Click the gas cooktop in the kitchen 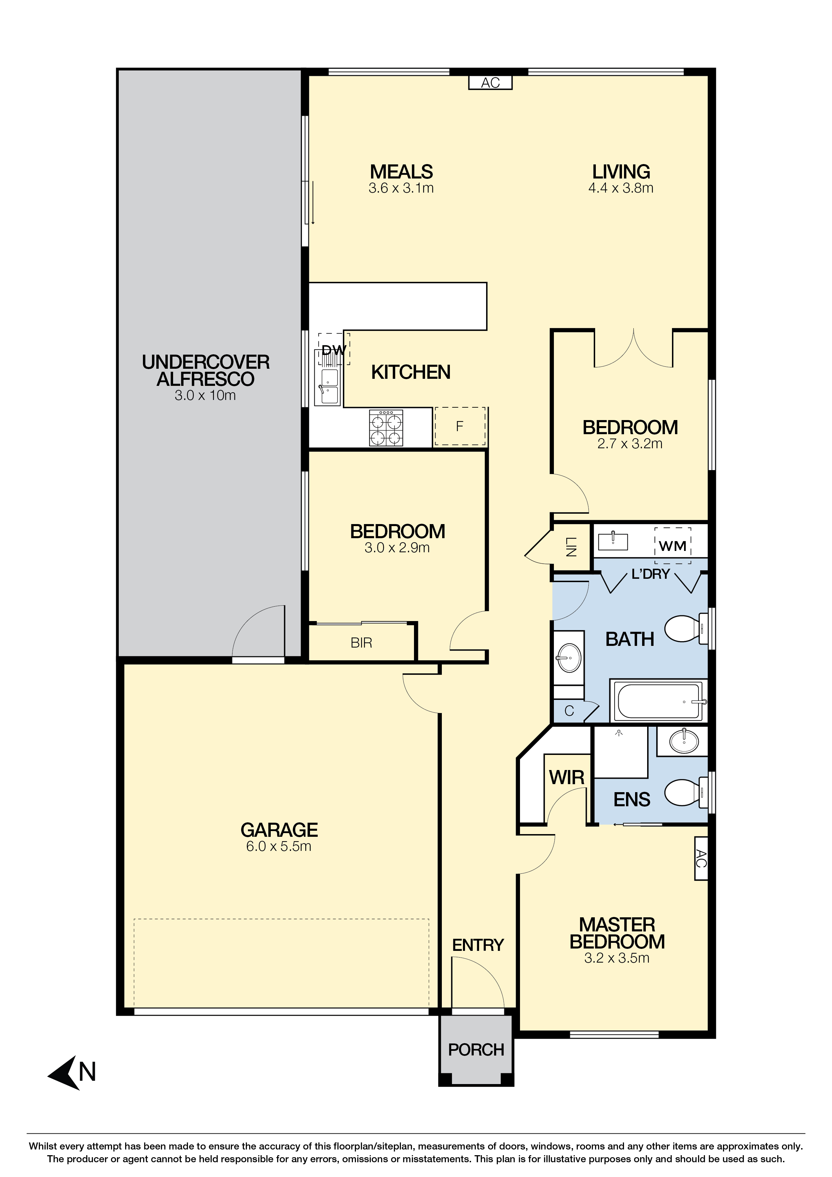pyautogui.click(x=386, y=427)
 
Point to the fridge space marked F pyautogui.click(x=460, y=426)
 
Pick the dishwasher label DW pyautogui.click(x=334, y=351)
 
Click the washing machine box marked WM pyautogui.click(x=673, y=546)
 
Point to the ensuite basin pyautogui.click(x=684, y=741)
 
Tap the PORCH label pyautogui.click(x=476, y=1050)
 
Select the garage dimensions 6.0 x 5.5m pyautogui.click(x=278, y=847)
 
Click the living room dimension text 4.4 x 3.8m pyautogui.click(x=621, y=188)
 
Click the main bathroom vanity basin pyautogui.click(x=569, y=658)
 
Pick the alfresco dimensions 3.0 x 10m pyautogui.click(x=205, y=395)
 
